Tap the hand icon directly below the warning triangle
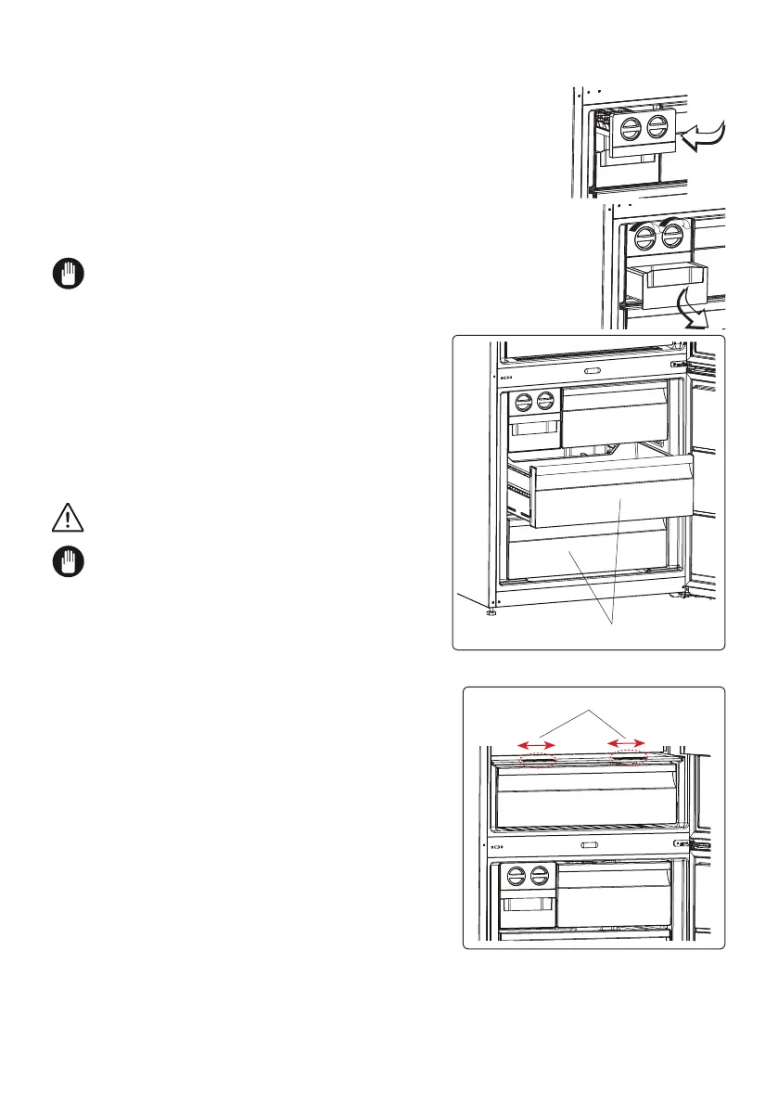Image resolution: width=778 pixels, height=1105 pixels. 69,562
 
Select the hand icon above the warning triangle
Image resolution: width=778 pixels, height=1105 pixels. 69,275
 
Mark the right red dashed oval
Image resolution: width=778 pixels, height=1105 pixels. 630,758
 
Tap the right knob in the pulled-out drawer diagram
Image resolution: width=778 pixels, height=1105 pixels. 545,401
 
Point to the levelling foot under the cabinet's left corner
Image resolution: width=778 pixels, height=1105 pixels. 491,612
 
